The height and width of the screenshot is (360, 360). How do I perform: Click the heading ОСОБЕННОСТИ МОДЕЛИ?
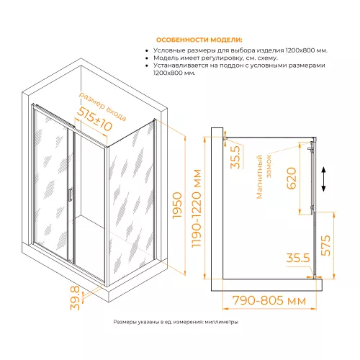click(x=199, y=40)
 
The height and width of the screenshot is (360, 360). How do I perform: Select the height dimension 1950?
click(x=177, y=205)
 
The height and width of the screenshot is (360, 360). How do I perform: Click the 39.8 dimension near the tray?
click(x=75, y=298)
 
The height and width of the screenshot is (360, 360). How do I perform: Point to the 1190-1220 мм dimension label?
click(x=197, y=208)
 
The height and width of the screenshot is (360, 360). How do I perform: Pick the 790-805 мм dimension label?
click(x=269, y=300)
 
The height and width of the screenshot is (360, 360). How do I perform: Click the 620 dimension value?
click(x=292, y=179)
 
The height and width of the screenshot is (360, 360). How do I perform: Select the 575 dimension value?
click(x=325, y=246)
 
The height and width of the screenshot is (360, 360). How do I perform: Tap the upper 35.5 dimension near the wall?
click(x=235, y=157)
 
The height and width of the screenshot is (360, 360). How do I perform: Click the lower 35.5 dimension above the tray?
click(x=298, y=258)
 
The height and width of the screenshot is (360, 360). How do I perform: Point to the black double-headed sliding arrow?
click(x=323, y=179)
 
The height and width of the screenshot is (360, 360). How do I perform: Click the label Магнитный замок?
click(x=264, y=177)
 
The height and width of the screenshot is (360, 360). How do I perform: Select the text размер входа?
click(x=102, y=106)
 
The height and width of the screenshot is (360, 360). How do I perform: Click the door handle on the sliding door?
click(x=70, y=194)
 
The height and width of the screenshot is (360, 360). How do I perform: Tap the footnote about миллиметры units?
click(x=176, y=322)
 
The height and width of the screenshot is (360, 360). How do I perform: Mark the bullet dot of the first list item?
click(x=147, y=50)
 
